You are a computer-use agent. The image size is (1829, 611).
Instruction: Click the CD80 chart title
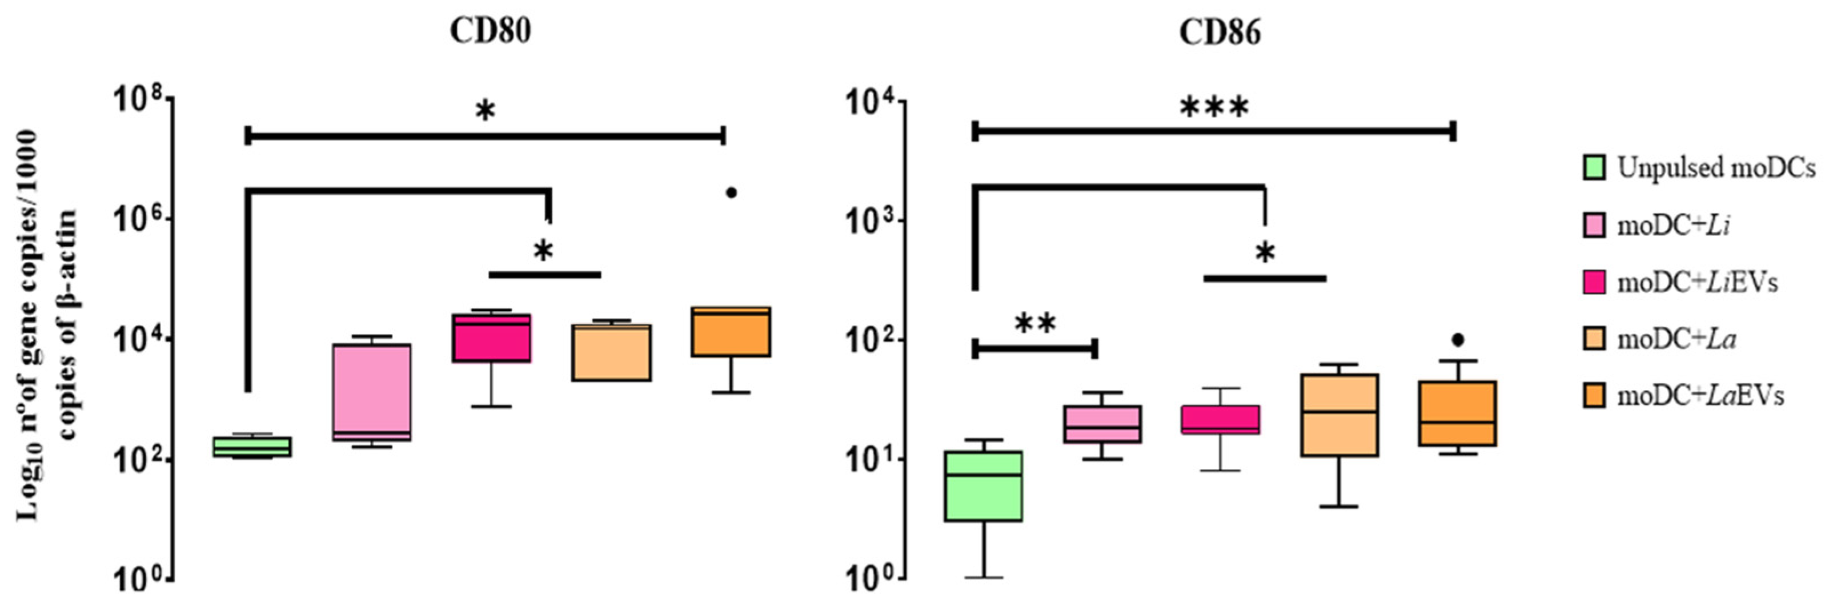click(x=491, y=31)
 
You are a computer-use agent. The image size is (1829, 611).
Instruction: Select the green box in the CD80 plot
click(x=253, y=447)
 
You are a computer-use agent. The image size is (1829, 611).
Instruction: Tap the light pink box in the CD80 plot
click(x=372, y=392)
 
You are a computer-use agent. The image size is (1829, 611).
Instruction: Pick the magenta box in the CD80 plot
click(x=492, y=338)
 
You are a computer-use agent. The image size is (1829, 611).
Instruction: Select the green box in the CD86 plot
click(x=985, y=486)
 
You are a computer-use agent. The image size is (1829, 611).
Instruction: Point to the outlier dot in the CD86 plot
click(x=1458, y=340)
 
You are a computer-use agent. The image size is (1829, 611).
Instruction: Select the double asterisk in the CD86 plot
click(x=1035, y=324)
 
